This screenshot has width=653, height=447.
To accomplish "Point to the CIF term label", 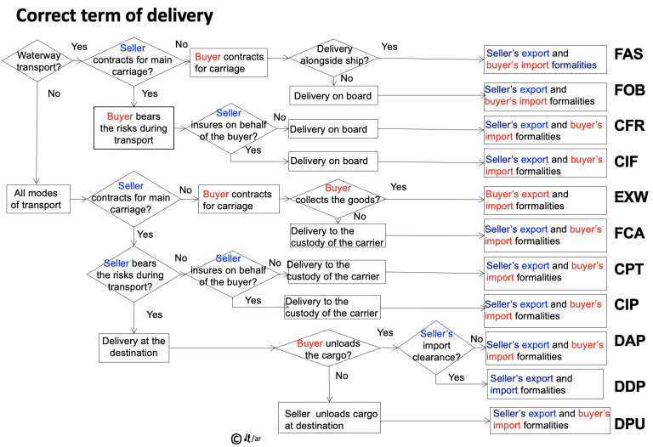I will [x=629, y=161].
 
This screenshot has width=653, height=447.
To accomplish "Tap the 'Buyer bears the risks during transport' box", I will [x=133, y=127].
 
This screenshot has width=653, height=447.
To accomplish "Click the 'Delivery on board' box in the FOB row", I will [x=332, y=96].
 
